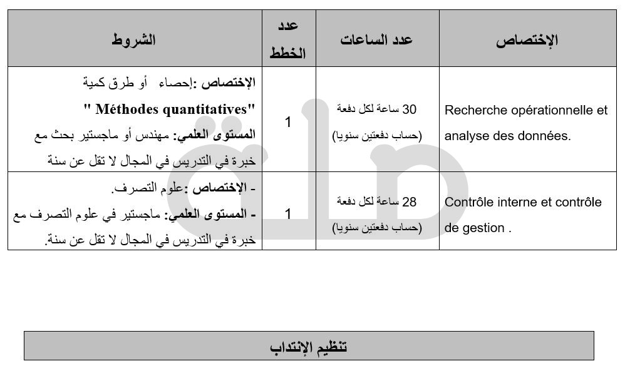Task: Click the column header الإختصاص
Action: pyautogui.click(x=527, y=41)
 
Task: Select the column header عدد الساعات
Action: pyautogui.click(x=377, y=39)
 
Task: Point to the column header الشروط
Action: pyautogui.click(x=134, y=40)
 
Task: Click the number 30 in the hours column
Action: pyautogui.click(x=409, y=109)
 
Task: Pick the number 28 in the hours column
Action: pyautogui.click(x=409, y=202)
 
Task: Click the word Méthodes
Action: pyautogui.click(x=127, y=109)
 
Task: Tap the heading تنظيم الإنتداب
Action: pyautogui.click(x=309, y=346)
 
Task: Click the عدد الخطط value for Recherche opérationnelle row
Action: pyautogui.click(x=288, y=122)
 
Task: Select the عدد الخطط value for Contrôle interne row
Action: pyautogui.click(x=288, y=214)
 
